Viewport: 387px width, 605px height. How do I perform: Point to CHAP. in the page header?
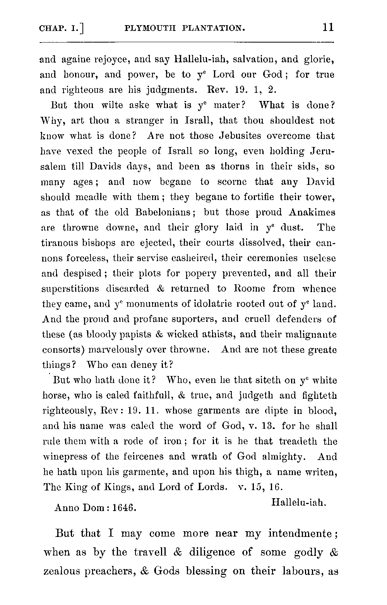coord(53,28)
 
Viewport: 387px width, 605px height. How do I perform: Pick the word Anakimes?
coord(312,212)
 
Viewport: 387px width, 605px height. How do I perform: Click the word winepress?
coord(65,456)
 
